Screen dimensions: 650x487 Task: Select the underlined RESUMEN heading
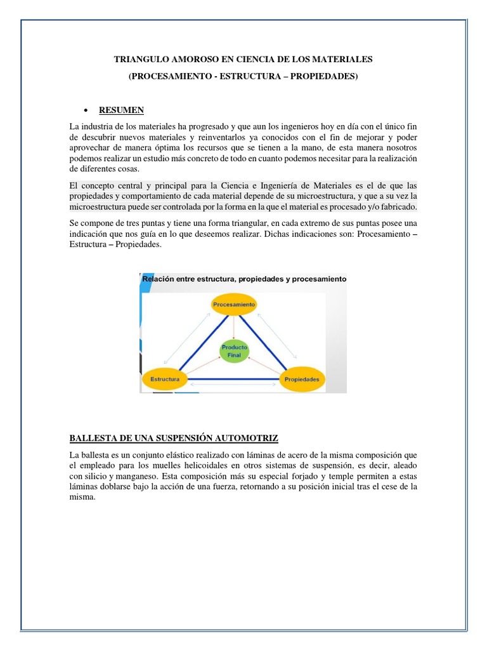point(121,110)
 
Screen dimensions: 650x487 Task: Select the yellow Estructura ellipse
point(164,379)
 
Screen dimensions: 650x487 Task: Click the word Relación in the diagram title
point(159,279)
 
